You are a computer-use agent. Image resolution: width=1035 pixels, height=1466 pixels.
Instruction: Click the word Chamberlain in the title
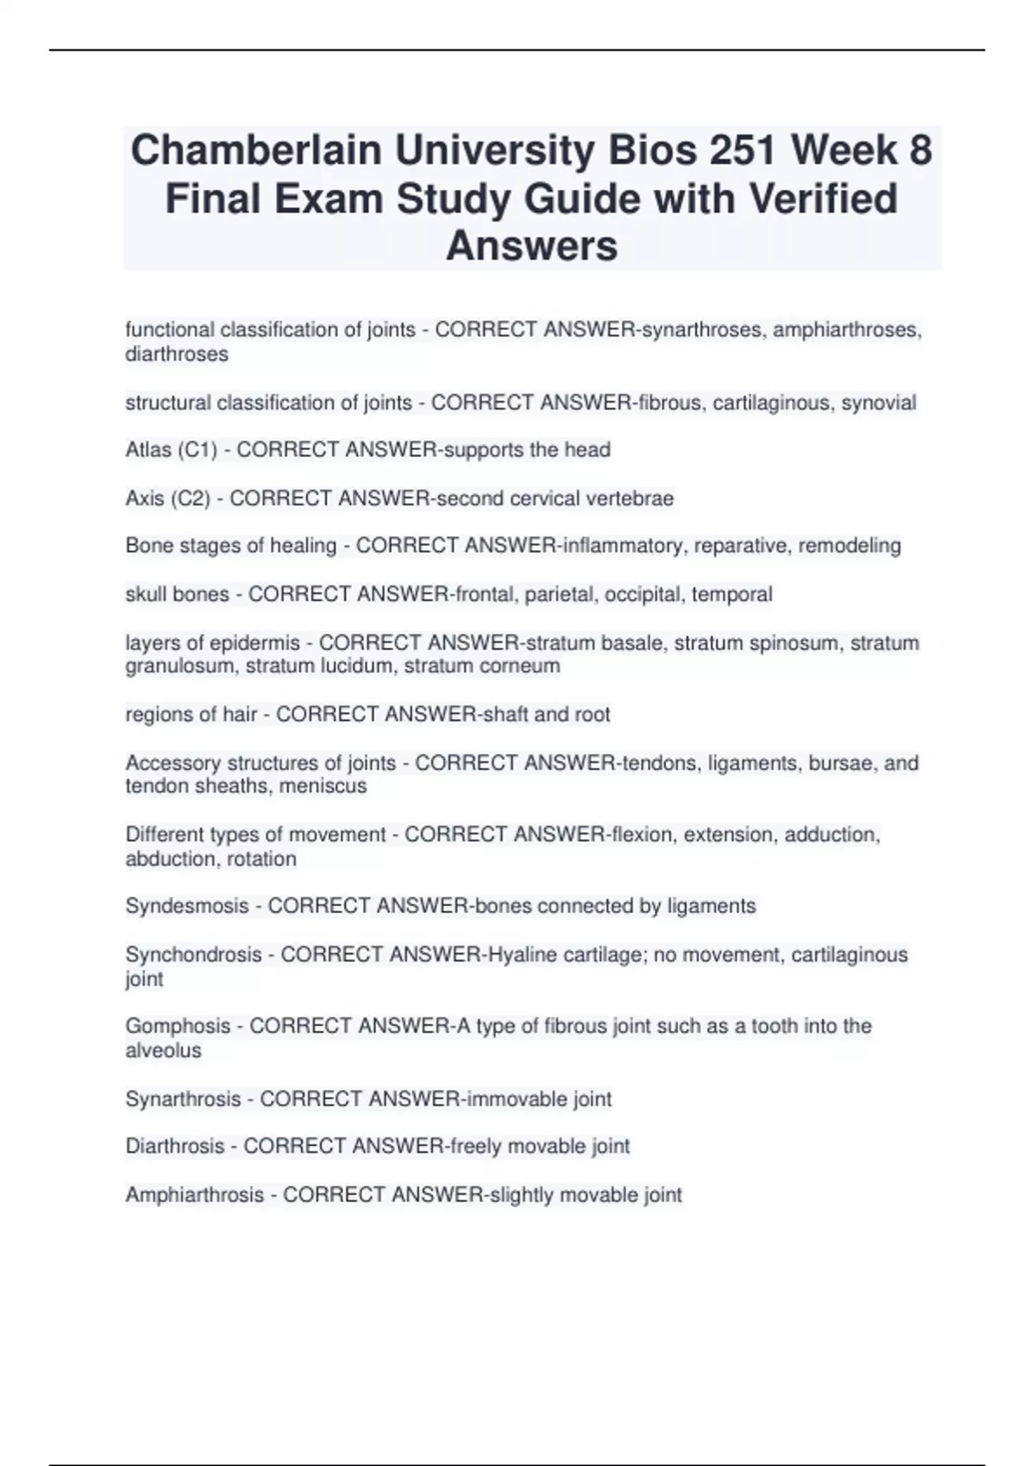pyautogui.click(x=256, y=151)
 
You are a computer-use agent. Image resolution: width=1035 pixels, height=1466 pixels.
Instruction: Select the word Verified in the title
pyautogui.click(x=823, y=198)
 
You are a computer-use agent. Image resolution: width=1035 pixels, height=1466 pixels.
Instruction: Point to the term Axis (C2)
pyautogui.click(x=167, y=498)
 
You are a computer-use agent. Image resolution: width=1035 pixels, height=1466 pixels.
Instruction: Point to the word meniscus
pyautogui.click(x=329, y=786)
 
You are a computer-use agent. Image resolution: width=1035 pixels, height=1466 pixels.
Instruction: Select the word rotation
pyautogui.click(x=261, y=859)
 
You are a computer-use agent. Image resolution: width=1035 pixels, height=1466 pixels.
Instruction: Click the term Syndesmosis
pyautogui.click(x=187, y=906)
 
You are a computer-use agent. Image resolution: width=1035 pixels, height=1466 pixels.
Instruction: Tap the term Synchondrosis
pyautogui.click(x=193, y=955)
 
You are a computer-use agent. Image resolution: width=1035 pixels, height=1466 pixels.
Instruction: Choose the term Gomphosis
pyautogui.click(x=178, y=1026)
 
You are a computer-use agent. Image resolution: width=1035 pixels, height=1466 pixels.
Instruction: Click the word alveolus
pyautogui.click(x=163, y=1050)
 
